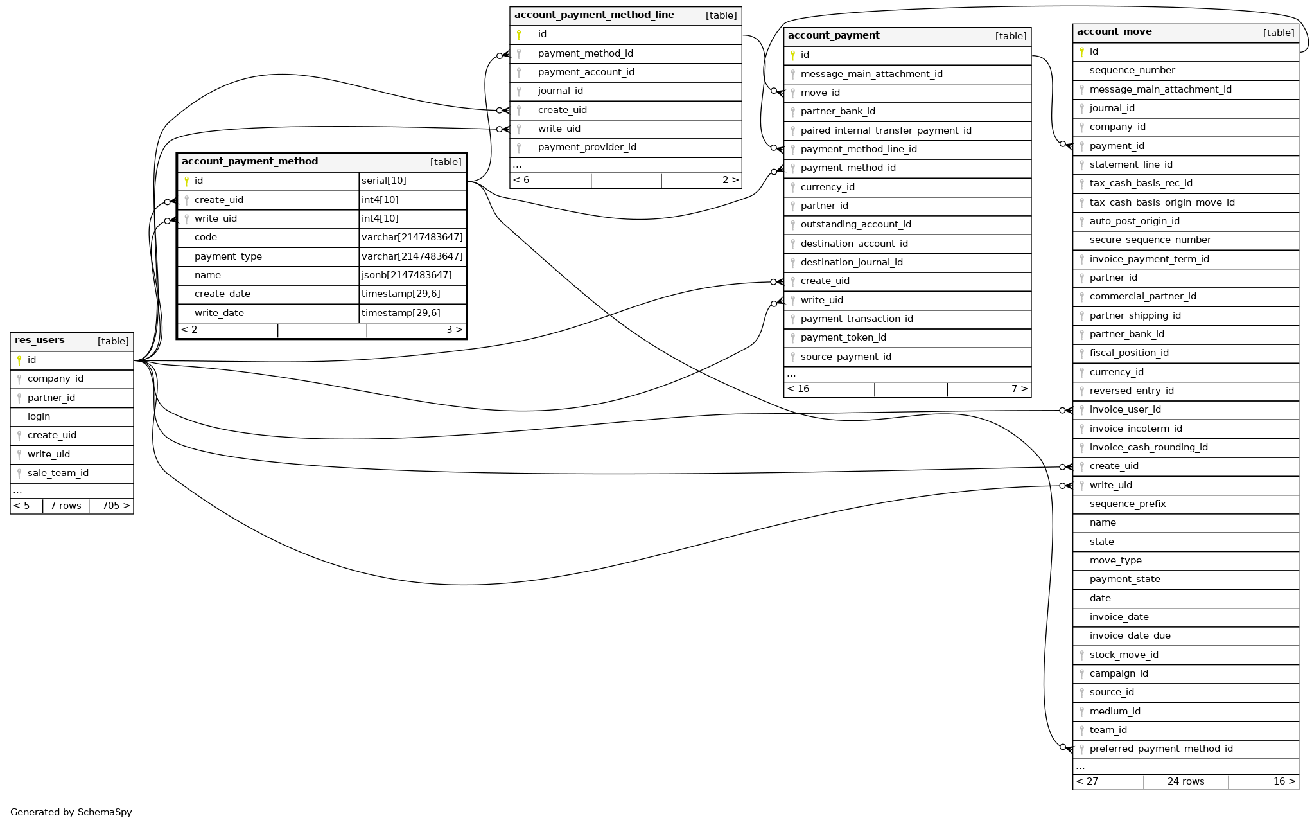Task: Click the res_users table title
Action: pyautogui.click(x=40, y=341)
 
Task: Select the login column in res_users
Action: pyautogui.click(x=39, y=416)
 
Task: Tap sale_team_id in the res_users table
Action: pyautogui.click(x=58, y=473)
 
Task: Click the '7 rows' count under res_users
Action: pyautogui.click(x=66, y=506)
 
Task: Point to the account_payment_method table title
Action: pyautogui.click(x=250, y=162)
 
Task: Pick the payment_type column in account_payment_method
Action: pyautogui.click(x=228, y=256)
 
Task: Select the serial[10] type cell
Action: pyautogui.click(x=384, y=181)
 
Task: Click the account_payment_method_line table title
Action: pyautogui.click(x=594, y=15)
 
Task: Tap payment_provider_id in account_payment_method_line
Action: pyautogui.click(x=587, y=147)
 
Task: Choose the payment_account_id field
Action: pyautogui.click(x=586, y=72)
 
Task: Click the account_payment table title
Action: pyautogui.click(x=834, y=36)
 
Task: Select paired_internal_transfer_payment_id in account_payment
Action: pyautogui.click(x=886, y=130)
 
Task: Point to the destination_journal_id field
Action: pyautogui.click(x=852, y=262)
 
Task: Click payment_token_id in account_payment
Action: pyautogui.click(x=843, y=337)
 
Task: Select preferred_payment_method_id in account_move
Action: pyautogui.click(x=1161, y=749)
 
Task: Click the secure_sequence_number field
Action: pyautogui.click(x=1150, y=240)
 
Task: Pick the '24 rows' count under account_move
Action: pyautogui.click(x=1185, y=781)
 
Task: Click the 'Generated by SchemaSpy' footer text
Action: pyautogui.click(x=71, y=812)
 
